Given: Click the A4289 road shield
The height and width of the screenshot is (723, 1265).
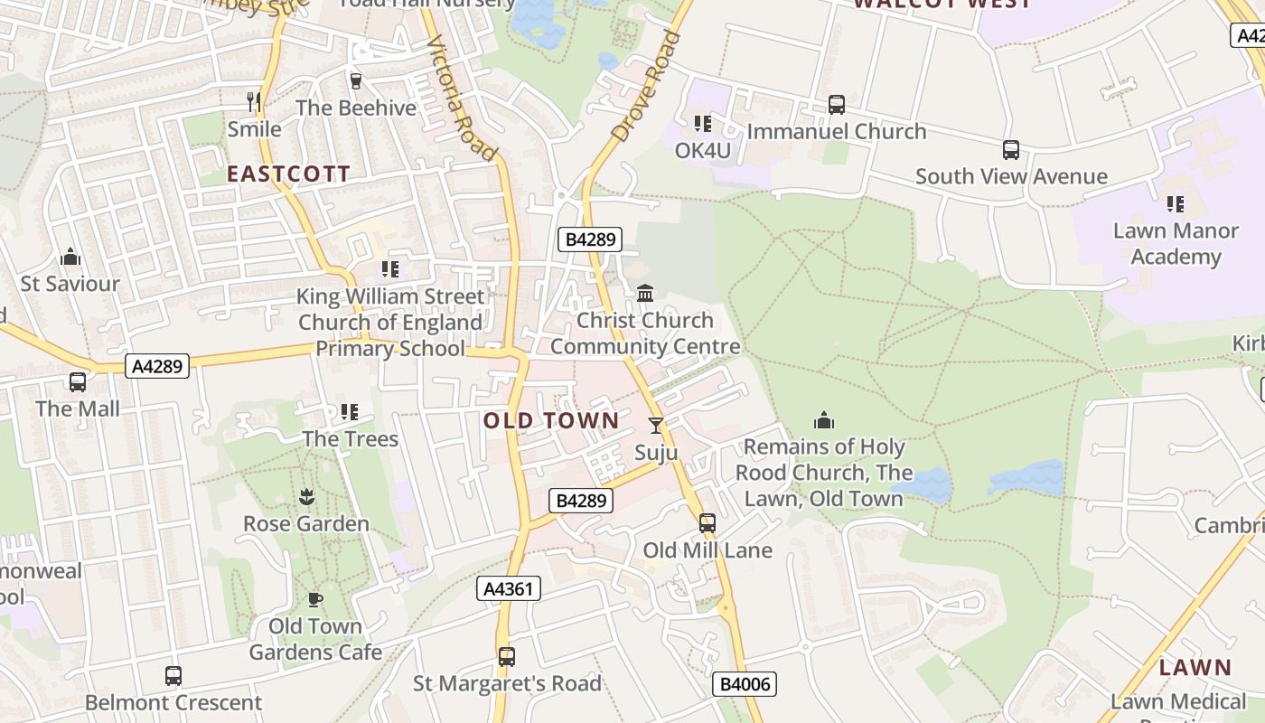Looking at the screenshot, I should click(x=157, y=366).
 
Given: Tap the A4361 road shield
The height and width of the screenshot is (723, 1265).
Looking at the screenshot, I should click(x=509, y=589).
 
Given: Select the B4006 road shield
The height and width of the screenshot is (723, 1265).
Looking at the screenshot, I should click(x=745, y=684).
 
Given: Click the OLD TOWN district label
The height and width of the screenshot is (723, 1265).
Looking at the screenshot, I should click(x=551, y=420).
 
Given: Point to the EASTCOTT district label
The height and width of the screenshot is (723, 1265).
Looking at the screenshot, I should click(x=288, y=174).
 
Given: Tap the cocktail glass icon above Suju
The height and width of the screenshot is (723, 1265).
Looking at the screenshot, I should click(x=656, y=426).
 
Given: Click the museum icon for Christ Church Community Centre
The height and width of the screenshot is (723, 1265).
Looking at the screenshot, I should click(x=645, y=294).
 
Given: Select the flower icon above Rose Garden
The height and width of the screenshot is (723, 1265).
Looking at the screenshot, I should click(x=306, y=497).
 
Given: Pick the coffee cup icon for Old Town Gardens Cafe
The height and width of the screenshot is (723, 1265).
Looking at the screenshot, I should click(x=314, y=599).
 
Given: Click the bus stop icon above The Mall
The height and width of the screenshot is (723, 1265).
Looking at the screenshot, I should click(x=78, y=382).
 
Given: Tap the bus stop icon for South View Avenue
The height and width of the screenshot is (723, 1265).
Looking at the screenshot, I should click(x=1011, y=150).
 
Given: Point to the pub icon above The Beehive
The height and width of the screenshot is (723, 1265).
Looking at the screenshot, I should click(x=356, y=81).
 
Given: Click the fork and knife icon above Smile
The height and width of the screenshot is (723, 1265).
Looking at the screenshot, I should click(x=254, y=101).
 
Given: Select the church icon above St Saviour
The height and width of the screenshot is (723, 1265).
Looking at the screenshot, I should click(x=70, y=258).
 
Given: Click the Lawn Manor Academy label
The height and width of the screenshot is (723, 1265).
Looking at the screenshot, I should click(x=1176, y=243).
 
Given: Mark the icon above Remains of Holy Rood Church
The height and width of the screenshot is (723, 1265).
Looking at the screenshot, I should click(x=823, y=420).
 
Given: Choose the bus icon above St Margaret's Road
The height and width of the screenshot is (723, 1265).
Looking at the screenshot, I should click(x=507, y=657).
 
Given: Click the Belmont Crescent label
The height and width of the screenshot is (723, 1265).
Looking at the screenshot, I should click(x=173, y=702).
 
